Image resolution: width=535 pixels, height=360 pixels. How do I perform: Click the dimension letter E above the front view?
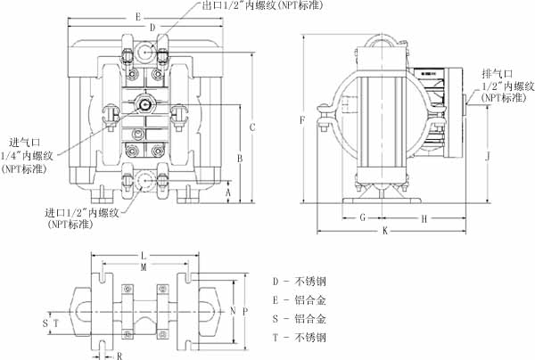(x=136, y=17)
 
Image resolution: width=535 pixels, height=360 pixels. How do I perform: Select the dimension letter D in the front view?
(x=152, y=29)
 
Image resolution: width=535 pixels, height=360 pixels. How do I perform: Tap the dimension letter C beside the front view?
(x=252, y=127)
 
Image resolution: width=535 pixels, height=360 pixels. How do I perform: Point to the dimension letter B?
(x=239, y=158)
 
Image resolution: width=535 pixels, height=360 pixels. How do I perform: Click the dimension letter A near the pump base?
(x=228, y=192)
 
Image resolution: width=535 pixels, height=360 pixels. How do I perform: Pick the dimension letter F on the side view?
(x=303, y=119)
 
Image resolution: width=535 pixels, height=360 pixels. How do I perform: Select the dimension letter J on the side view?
(x=487, y=157)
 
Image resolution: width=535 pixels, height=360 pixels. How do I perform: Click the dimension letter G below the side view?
(x=362, y=217)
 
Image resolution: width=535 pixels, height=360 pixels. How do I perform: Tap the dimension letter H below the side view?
(x=424, y=217)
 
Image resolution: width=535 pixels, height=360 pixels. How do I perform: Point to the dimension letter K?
(x=384, y=231)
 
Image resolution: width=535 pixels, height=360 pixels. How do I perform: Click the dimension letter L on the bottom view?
(x=144, y=256)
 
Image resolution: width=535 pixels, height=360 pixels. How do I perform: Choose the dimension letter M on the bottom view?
(x=144, y=266)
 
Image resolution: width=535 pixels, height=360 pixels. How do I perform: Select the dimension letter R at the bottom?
(x=119, y=354)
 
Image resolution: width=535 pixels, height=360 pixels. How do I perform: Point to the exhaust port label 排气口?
(x=496, y=73)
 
